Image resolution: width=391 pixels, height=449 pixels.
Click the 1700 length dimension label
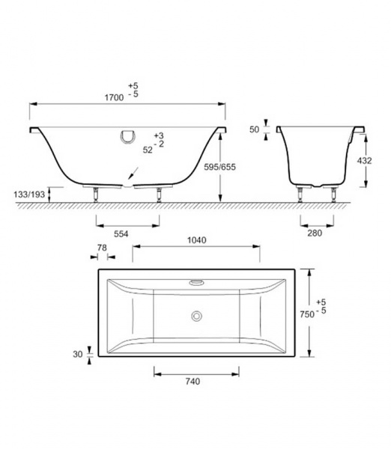(x=114, y=97)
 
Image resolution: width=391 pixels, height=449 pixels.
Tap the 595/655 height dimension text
(x=220, y=167)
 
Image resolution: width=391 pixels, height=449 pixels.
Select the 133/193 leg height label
(x=29, y=195)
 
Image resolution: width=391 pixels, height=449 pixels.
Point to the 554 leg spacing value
(x=121, y=234)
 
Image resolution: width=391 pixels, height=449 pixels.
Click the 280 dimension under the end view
(x=315, y=233)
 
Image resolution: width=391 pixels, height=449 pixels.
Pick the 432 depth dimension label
(x=364, y=161)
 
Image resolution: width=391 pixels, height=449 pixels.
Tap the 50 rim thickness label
(x=254, y=129)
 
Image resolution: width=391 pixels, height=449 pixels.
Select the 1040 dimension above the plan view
(x=197, y=240)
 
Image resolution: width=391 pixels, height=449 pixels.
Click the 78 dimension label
(x=102, y=248)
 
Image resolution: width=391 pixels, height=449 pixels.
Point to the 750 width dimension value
(x=307, y=314)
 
